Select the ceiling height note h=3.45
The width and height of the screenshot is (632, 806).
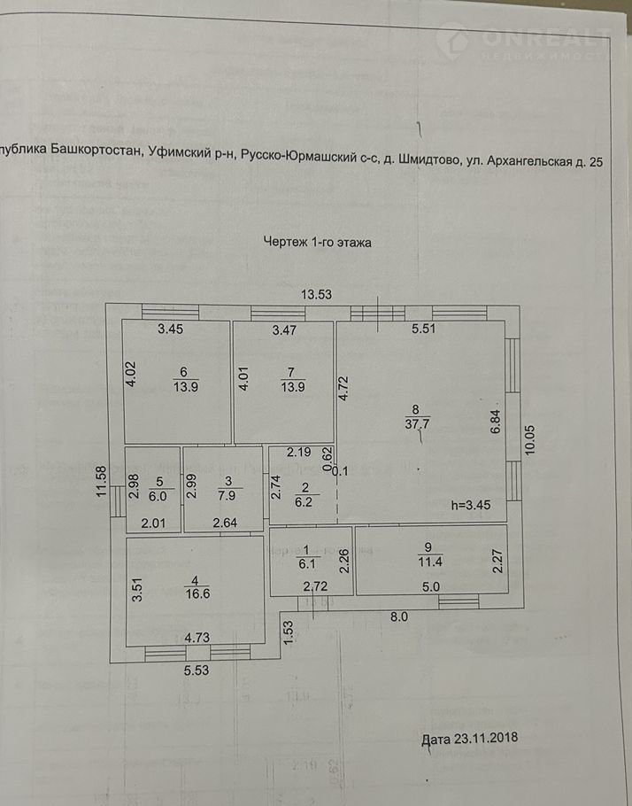[472, 507]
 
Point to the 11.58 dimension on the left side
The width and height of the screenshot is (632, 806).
[102, 482]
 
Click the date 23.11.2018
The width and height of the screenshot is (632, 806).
[470, 737]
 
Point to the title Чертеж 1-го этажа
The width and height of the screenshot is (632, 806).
[318, 241]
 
